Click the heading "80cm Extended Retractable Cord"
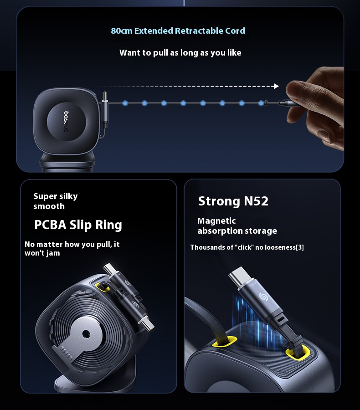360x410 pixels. (x=178, y=31)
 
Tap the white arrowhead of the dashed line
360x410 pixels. (x=276, y=86)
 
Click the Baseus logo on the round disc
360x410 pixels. (x=66, y=122)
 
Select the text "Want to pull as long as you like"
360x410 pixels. (x=180, y=53)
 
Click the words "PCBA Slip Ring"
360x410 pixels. (x=78, y=225)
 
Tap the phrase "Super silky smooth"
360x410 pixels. (x=56, y=201)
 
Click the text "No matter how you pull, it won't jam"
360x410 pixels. (x=72, y=248)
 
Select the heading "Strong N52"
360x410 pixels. (x=233, y=201)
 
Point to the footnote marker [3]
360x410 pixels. (x=300, y=247)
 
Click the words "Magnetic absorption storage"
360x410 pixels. (x=237, y=225)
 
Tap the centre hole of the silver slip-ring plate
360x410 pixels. (x=86, y=333)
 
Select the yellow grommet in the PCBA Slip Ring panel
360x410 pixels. (x=103, y=287)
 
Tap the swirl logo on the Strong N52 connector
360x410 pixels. (x=263, y=297)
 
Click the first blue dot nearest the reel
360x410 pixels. (x=125, y=103)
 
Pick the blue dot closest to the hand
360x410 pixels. (x=261, y=103)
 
